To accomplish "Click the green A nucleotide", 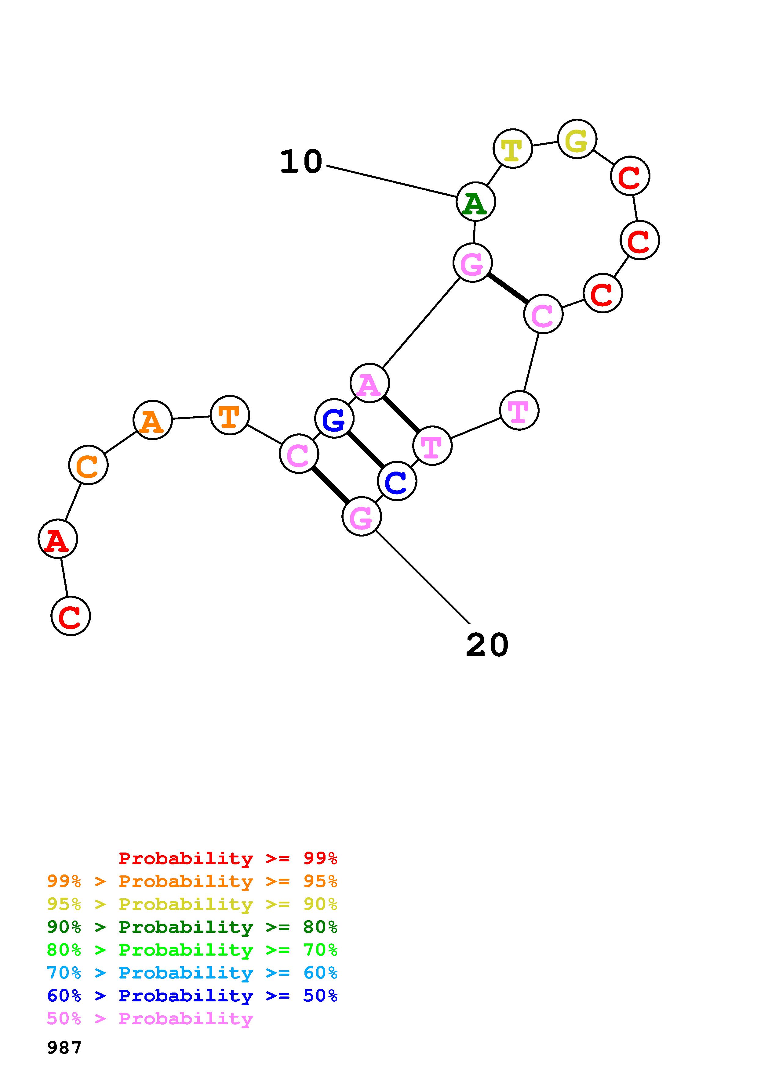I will click(x=475, y=202).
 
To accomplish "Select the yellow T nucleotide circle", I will click(x=513, y=148).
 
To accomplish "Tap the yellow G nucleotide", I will click(x=577, y=139).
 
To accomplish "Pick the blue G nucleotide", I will click(x=334, y=418).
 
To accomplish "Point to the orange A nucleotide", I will click(x=152, y=420).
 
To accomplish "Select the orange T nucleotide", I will click(x=229, y=415).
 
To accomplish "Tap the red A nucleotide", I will click(x=57, y=539).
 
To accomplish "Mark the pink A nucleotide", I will click(x=369, y=383).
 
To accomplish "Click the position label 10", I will click(x=301, y=162).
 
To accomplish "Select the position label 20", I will click(x=487, y=645).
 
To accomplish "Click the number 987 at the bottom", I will click(x=64, y=1048).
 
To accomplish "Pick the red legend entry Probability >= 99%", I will click(x=227, y=858).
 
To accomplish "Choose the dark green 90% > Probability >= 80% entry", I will click(x=192, y=927).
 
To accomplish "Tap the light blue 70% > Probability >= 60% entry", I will click(x=192, y=973).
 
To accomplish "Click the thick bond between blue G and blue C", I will click(x=366, y=450).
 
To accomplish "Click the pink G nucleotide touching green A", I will click(x=472, y=263).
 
